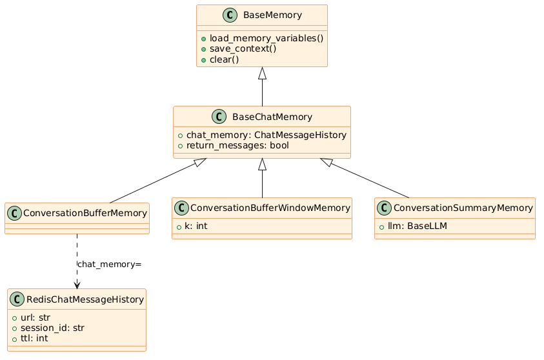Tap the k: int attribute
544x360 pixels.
coord(196,226)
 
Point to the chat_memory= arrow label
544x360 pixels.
coord(109,265)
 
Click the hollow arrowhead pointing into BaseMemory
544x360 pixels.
coord(262,74)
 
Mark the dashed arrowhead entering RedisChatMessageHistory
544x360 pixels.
coord(77,285)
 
